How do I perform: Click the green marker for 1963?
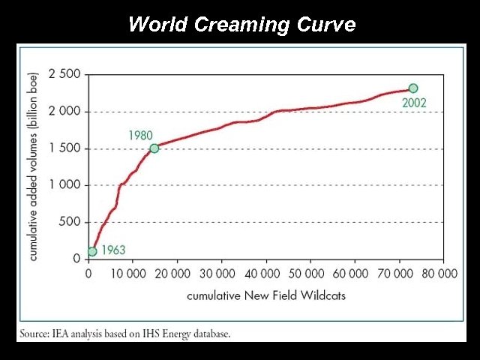pos(92,252)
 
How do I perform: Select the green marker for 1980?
pos(154,148)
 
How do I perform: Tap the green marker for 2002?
pos(413,88)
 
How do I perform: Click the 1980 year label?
pos(140,136)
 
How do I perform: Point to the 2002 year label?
pos(414,103)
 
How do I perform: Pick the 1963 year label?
pos(112,250)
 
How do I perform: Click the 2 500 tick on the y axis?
pos(64,74)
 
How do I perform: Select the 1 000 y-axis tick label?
pos(64,185)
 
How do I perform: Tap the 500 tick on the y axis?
pos(69,222)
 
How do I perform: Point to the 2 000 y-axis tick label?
pos(64,111)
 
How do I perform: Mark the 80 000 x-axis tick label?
pos(439,274)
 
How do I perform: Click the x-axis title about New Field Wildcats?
pos(266,295)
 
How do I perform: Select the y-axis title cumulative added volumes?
pos(34,166)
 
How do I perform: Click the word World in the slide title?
pos(157,24)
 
